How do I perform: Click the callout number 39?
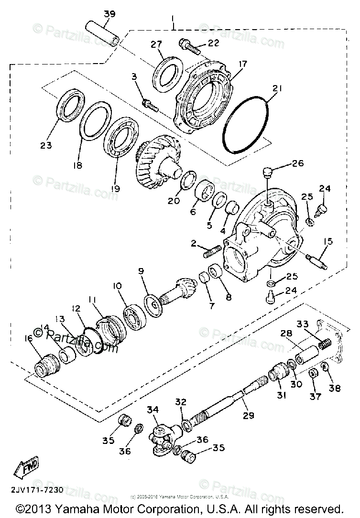[x=109, y=14]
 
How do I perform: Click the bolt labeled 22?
[x=190, y=46]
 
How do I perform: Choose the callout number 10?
[x=117, y=286]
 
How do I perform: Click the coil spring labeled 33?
[x=325, y=343]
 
